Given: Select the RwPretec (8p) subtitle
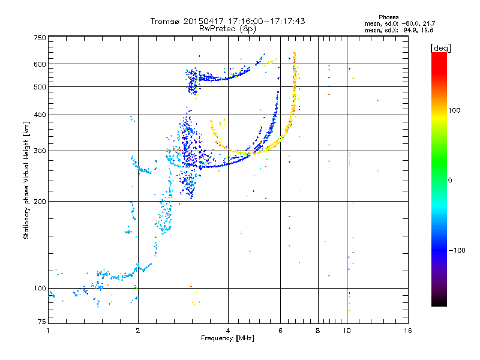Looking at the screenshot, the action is coord(227,29).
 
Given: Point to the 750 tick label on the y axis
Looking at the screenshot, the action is coord(40,38).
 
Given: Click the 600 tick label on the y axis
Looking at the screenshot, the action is coord(40,64).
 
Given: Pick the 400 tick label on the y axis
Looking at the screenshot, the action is coord(40,115).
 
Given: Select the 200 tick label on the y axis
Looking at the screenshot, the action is coord(40,202).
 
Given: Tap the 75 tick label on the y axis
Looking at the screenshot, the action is coord(42,322).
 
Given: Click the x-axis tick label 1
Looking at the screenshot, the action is coord(48,331).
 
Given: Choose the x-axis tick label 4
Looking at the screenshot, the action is coord(228,331).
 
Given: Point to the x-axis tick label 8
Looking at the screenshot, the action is coord(318,331).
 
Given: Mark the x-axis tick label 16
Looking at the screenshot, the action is coord(408,331).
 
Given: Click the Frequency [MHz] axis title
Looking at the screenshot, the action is coord(227,338).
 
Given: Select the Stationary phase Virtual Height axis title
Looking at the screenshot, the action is coord(26,180).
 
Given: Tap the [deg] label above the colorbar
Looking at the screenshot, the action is coord(440,48).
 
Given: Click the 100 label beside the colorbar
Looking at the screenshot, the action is coord(454,110).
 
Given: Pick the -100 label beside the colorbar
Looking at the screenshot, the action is coord(457,250).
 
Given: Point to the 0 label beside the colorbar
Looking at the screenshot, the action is coord(450,181).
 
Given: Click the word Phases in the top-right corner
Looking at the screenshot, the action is coord(388,17).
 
